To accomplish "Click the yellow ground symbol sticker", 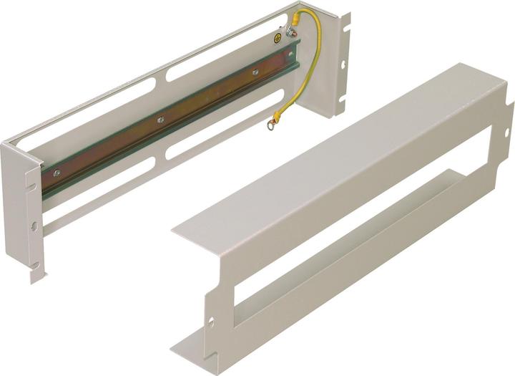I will point(278,37).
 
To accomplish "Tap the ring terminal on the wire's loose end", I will point(273,126).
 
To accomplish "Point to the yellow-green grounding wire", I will point(308,72).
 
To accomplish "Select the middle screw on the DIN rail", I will point(161,120).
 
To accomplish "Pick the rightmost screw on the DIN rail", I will point(255,72).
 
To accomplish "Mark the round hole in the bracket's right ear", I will point(344,64).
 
